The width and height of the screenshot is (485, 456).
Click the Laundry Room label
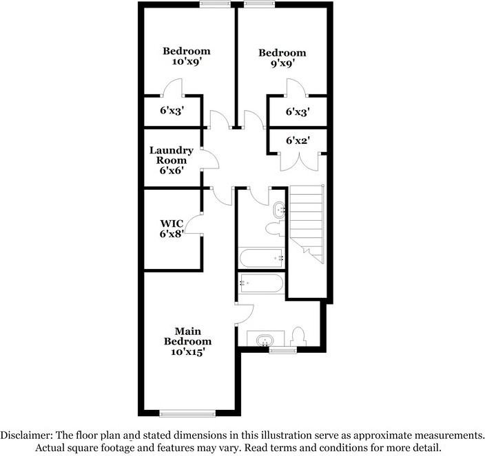(x=172, y=160)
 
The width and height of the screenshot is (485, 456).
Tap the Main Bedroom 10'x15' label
(x=187, y=341)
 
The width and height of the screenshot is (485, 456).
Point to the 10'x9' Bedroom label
(x=186, y=56)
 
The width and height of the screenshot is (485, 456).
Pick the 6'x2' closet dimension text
(x=297, y=140)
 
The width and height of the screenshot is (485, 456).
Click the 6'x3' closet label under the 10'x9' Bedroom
(x=172, y=110)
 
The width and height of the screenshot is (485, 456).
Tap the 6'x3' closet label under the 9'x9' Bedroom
(x=297, y=111)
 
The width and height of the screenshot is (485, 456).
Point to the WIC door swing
(x=194, y=224)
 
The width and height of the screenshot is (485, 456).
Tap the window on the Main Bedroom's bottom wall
(x=187, y=413)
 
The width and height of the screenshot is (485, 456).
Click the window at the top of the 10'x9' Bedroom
(x=216, y=5)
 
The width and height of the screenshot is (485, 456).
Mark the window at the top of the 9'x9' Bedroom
(x=259, y=5)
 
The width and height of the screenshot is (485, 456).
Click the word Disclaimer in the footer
(x=28, y=435)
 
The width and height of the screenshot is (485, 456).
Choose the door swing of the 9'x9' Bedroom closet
(x=296, y=87)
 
